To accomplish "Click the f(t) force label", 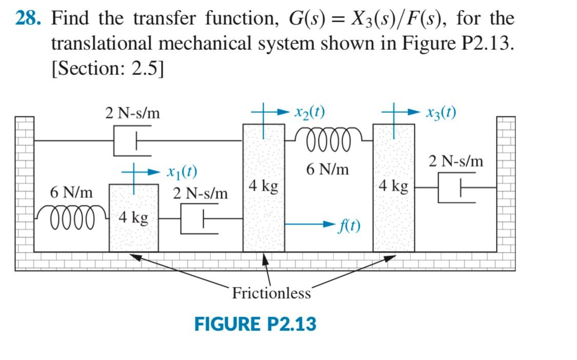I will (x=349, y=225).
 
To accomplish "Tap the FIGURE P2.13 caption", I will (x=255, y=324).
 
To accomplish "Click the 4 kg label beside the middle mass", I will (x=263, y=186).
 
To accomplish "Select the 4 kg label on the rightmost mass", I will (x=394, y=186).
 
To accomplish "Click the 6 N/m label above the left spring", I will (x=72, y=193).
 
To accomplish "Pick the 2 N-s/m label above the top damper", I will (x=132, y=113).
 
